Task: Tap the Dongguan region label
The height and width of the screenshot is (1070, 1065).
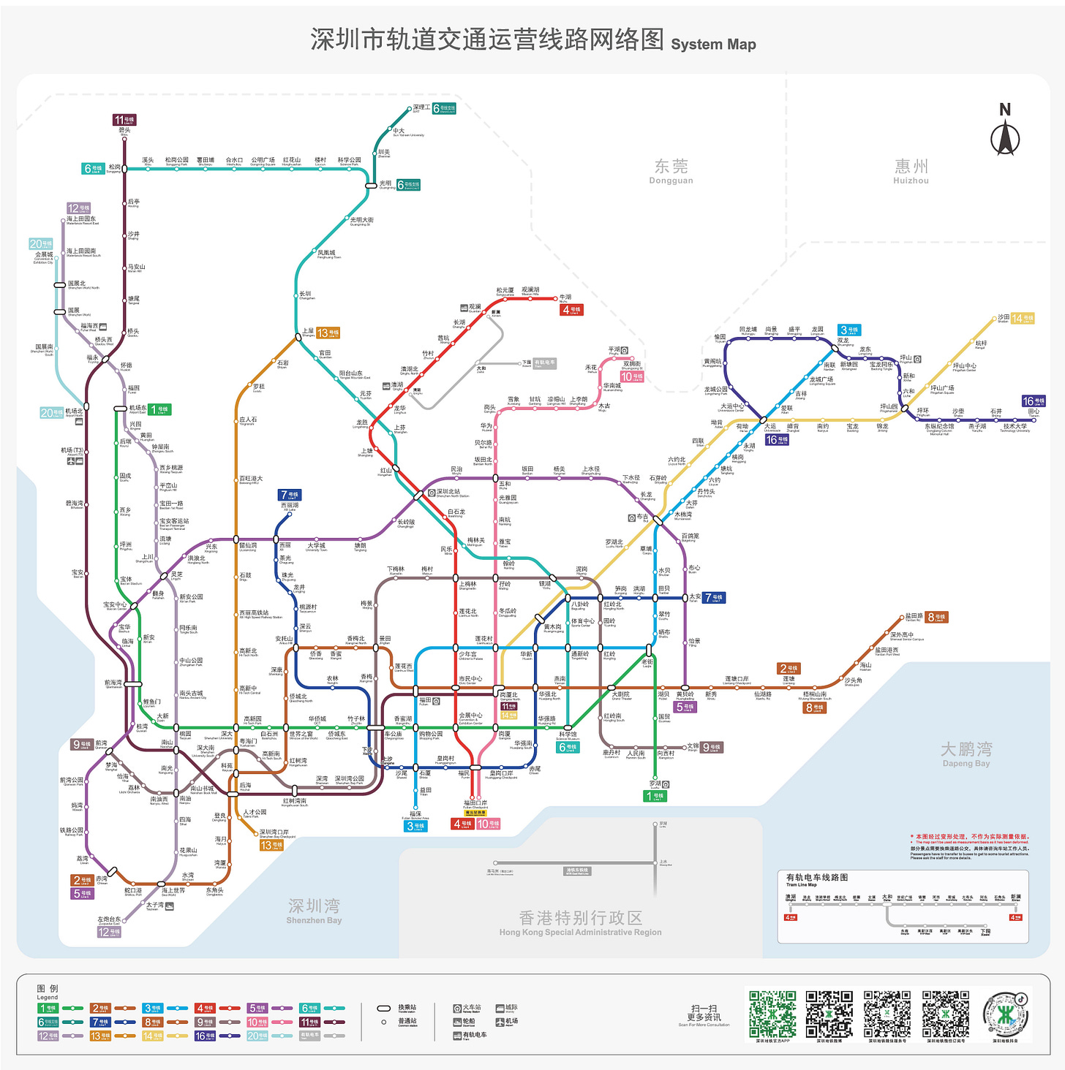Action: click(671, 171)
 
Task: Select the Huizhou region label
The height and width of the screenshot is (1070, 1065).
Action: click(911, 171)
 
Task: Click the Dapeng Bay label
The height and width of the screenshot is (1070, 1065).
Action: click(966, 754)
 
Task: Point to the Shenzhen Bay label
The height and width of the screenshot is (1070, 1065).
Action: click(314, 911)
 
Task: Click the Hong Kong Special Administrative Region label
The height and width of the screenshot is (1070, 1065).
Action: click(580, 922)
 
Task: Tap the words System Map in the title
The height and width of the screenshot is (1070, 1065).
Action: click(713, 44)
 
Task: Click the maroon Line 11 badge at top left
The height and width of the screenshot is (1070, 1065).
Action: click(124, 120)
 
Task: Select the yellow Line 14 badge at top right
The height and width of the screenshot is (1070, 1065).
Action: click(1023, 319)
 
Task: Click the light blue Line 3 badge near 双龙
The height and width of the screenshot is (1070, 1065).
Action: click(849, 330)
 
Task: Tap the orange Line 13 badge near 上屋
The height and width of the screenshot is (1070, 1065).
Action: click(328, 333)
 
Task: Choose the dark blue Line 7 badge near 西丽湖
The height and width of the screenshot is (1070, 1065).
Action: click(289, 495)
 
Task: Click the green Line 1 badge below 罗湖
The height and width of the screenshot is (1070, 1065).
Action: click(655, 796)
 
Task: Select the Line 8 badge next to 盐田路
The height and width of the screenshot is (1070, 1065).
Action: click(936, 617)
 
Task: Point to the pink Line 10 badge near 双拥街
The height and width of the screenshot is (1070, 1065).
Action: click(632, 376)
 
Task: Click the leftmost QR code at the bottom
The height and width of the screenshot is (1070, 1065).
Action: click(772, 1014)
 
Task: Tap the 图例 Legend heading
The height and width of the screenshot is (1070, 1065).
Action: click(48, 991)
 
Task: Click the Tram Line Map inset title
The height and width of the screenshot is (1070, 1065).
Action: click(816, 879)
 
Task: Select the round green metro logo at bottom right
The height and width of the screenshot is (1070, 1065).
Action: click(1006, 1014)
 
